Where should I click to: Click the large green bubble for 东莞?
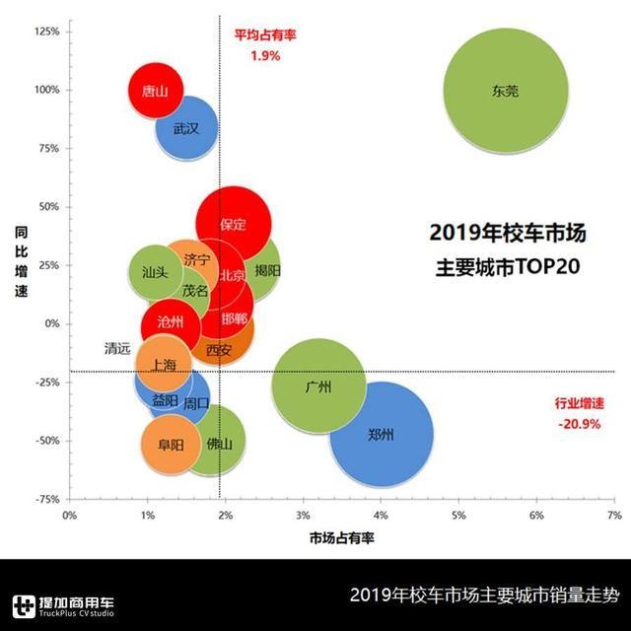506,91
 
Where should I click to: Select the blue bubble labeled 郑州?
382,434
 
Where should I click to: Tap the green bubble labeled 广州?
318,386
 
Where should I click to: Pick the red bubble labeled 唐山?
155,91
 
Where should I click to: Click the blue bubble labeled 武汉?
185,128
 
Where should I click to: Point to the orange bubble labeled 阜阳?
170,445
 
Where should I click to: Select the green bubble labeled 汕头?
155,272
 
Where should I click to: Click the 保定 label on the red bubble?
234,225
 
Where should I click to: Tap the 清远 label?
117,348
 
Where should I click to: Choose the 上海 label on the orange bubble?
164,365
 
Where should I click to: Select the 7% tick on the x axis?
613,515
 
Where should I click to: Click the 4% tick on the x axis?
381,515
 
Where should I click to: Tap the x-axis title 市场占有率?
341,537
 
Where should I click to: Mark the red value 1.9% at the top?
263,56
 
